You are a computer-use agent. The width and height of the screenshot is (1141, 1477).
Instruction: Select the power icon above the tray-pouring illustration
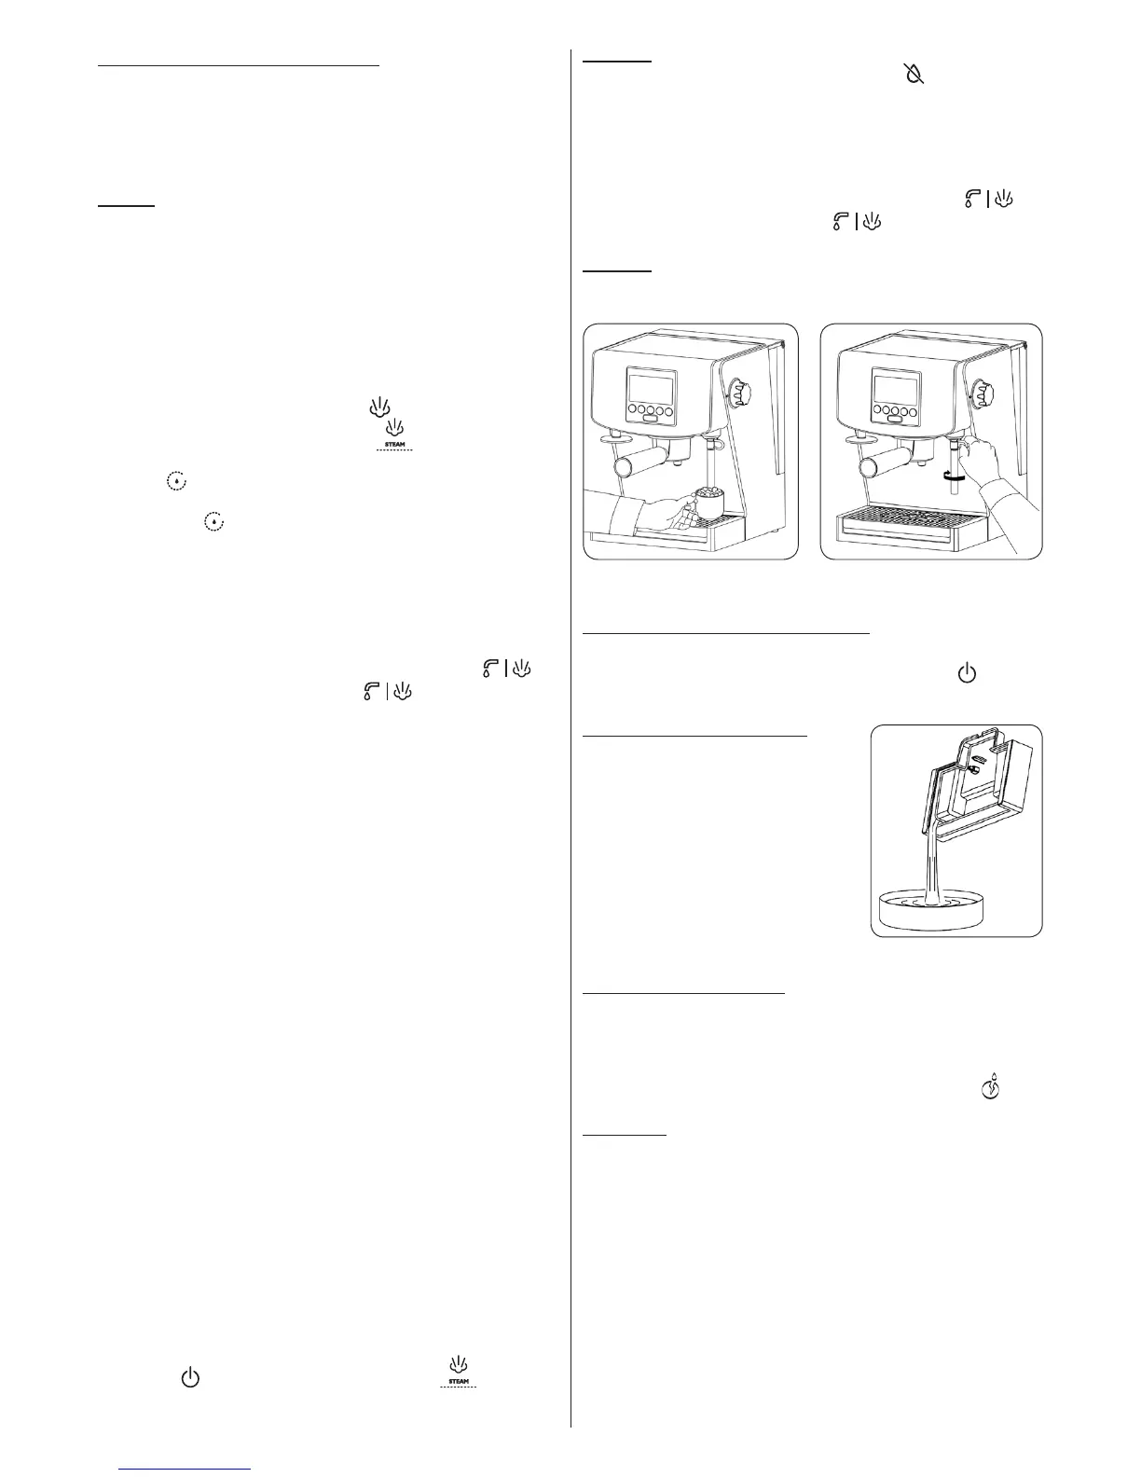967,673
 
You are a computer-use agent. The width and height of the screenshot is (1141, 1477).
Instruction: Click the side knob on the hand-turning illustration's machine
982,393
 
